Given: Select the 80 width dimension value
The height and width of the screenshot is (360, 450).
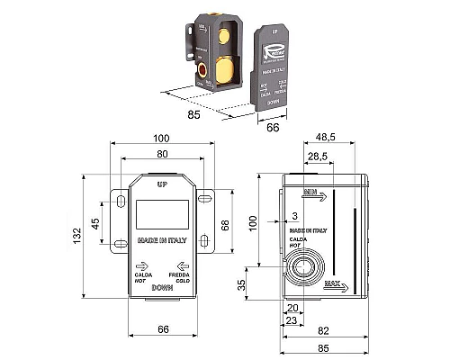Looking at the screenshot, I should click(162, 154).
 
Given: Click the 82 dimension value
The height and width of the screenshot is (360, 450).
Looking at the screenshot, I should click(322, 330).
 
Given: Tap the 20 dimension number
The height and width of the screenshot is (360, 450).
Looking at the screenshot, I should click(291, 306).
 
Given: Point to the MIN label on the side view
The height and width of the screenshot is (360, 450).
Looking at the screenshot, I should click(312, 193).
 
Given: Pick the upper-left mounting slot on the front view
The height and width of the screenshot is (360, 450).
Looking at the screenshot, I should click(119, 197).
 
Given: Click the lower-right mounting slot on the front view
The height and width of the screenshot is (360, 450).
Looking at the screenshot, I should click(205, 240).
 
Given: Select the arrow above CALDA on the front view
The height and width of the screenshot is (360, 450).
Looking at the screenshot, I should click(140, 266).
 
